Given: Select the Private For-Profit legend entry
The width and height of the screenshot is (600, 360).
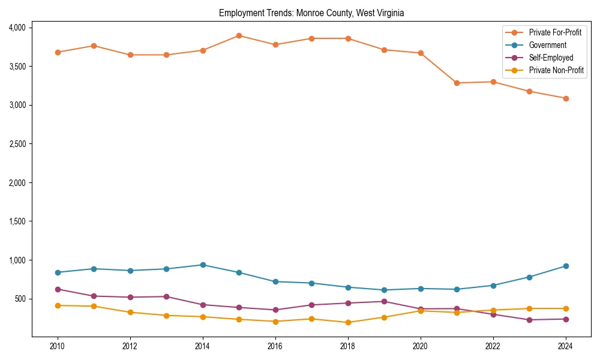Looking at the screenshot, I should click(x=555, y=32).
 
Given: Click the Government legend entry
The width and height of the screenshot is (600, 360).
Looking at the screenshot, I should click(x=547, y=45).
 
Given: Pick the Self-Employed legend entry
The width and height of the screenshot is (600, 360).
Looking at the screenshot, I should click(x=551, y=58).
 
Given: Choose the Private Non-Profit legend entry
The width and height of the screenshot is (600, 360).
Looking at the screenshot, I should click(x=556, y=70).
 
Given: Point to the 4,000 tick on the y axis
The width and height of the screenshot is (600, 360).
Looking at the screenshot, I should click(x=17, y=28).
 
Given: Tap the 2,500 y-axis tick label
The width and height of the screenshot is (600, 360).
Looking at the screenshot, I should click(x=17, y=144).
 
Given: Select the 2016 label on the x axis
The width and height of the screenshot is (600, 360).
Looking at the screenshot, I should click(x=275, y=346).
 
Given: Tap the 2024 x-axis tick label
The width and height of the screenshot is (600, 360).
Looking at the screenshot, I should click(x=565, y=346).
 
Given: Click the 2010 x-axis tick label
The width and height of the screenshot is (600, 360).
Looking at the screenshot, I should click(x=58, y=346).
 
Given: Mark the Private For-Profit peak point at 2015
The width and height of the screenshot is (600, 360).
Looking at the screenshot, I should click(x=239, y=35).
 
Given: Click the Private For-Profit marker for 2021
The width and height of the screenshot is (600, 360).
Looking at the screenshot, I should click(x=457, y=83).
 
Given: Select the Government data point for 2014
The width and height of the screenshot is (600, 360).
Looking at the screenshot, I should click(x=203, y=265).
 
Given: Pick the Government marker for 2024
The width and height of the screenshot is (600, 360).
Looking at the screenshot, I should click(x=565, y=266).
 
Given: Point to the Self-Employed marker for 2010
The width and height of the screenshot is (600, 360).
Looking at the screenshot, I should click(x=58, y=289).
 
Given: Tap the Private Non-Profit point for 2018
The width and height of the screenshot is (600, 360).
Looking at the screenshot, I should click(x=348, y=322).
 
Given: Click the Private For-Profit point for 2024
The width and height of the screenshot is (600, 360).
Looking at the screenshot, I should click(x=565, y=98).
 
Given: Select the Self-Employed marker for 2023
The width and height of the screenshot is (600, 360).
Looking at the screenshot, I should click(x=529, y=320).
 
